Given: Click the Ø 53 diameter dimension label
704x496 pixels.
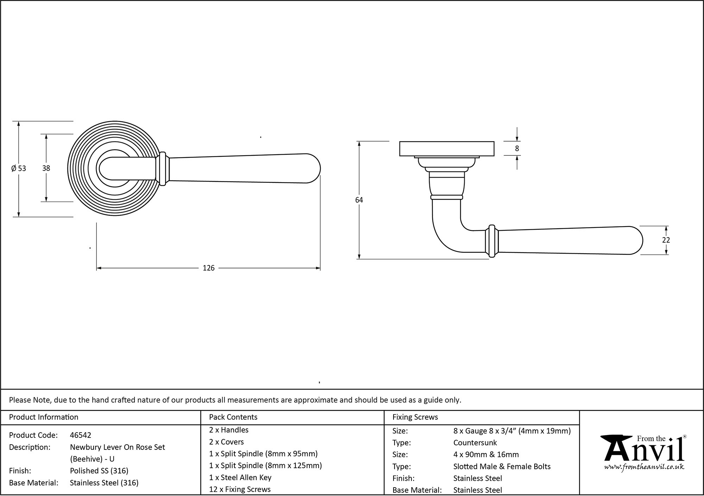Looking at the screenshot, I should [19, 168].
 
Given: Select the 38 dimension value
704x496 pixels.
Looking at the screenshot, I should [46, 168].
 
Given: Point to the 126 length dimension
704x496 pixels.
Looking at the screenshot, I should [208, 268].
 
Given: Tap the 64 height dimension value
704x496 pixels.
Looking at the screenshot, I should [359, 200].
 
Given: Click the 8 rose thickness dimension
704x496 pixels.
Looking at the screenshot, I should [517, 149].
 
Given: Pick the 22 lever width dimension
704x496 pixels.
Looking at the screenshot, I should [666, 240].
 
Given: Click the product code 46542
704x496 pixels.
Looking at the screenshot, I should [81, 435].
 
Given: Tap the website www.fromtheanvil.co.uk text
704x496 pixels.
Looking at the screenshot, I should [644, 467].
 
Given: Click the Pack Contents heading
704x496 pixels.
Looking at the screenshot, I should [233, 417].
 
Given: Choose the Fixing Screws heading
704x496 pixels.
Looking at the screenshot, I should [415, 417].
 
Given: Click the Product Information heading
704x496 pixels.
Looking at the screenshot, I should [44, 417].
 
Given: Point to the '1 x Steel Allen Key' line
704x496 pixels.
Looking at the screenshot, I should [240, 477].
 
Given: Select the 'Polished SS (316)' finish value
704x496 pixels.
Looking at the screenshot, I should [99, 471].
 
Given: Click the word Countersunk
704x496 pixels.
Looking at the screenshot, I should [475, 442].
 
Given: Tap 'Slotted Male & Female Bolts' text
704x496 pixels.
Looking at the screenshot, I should [502, 466].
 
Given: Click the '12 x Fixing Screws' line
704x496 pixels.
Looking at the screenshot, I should [240, 489].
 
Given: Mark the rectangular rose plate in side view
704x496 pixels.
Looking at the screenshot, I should [447, 149].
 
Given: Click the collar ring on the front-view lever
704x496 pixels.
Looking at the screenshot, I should [163, 168].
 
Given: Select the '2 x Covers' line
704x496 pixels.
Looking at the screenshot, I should [226, 442].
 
